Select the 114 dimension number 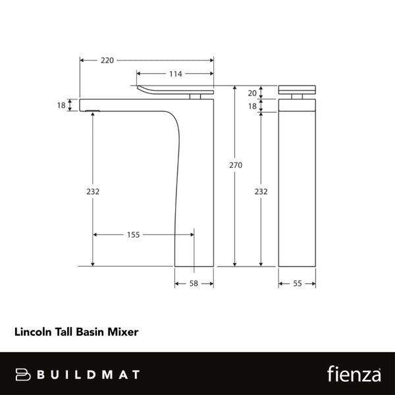point(174,74)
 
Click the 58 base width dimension point(194,283)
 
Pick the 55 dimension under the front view point(297,283)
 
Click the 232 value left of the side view point(93,192)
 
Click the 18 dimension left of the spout point(61,105)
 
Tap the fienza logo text point(354,373)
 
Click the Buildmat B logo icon point(24,374)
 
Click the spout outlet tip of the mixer point(91,109)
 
